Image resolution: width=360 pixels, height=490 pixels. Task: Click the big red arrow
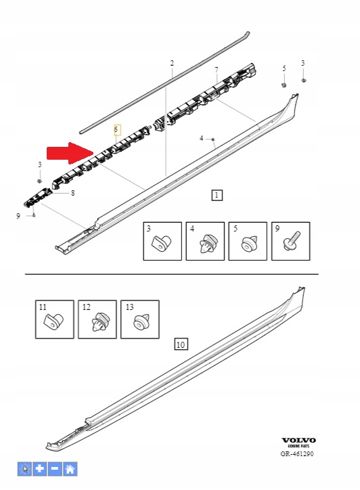coord(70,153)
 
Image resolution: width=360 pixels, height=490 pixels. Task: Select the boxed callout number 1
coord(217,196)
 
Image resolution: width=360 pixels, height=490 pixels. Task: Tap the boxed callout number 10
coord(181,344)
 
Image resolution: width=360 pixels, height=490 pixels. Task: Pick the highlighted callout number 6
coord(117,130)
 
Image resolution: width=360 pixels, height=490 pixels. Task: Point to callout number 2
coord(172,63)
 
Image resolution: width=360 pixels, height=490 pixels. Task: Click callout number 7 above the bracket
coord(217,70)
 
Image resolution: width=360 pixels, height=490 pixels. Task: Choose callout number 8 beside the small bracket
coord(73,193)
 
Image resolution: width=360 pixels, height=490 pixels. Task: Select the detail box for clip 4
coord(205,241)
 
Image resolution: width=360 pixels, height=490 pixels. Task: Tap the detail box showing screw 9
coord(290,241)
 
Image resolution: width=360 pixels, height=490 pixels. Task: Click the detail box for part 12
coord(97,319)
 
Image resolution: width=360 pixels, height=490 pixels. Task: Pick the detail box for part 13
coord(139,319)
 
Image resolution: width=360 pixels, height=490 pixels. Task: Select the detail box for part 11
coord(55,319)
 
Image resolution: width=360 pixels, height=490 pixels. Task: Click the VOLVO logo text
coord(298,441)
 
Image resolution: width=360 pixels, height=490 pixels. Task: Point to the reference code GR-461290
coord(297,453)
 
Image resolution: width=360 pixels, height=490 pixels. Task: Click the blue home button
coord(70,469)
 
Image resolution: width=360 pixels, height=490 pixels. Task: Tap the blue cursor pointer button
coord(24,469)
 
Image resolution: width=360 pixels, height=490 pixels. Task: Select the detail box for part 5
coord(248,241)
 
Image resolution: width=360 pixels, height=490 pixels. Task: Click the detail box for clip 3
coord(162,241)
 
